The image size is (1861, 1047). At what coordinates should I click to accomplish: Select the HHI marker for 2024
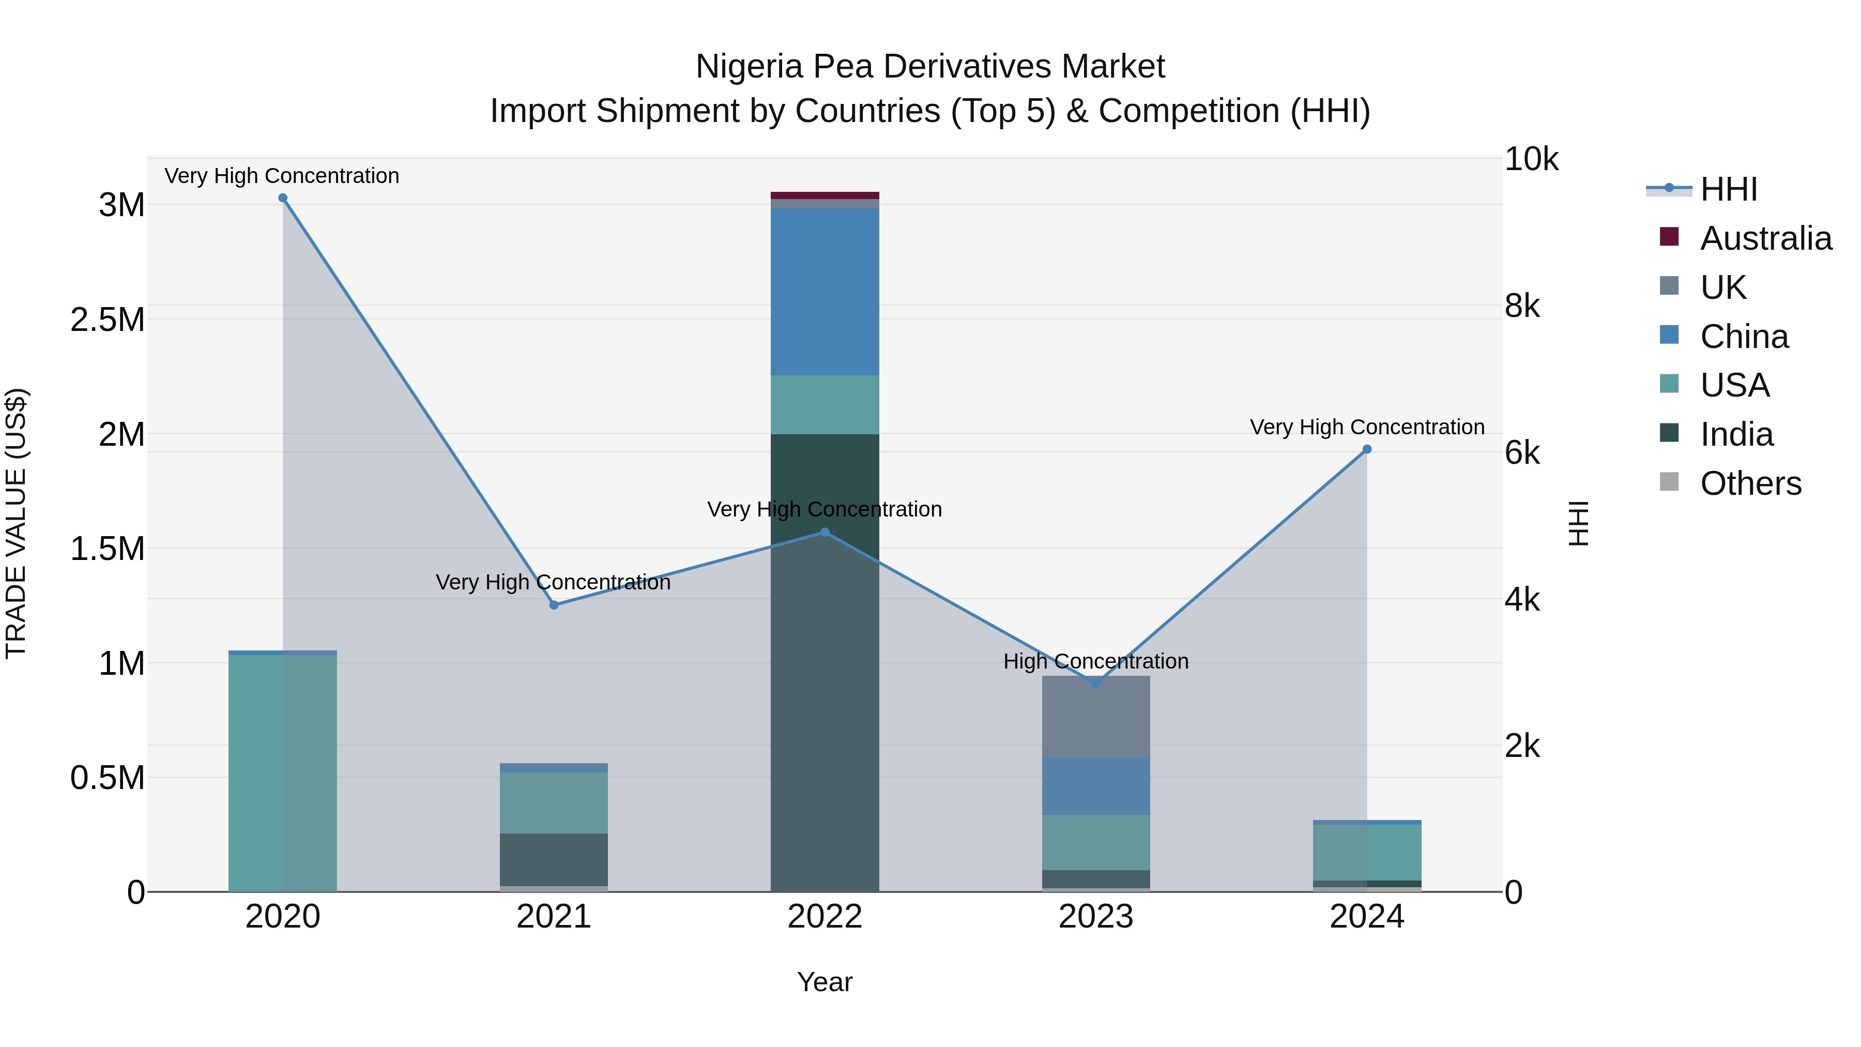pos(1367,449)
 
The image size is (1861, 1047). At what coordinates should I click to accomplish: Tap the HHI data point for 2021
pos(554,605)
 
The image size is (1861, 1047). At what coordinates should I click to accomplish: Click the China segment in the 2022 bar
pos(825,292)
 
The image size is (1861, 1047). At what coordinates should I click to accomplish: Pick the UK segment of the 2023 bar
pos(1096,716)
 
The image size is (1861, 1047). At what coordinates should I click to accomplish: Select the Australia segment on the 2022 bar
pos(825,195)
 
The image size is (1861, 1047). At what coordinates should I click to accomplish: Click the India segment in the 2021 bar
pos(554,859)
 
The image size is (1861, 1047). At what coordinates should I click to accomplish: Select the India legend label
pos(1736,434)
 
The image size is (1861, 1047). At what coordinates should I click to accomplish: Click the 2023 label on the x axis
pos(1096,917)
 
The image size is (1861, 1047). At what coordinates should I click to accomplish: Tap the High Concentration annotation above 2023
pos(1096,661)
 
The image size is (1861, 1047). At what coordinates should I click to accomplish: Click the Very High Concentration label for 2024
pos(1367,427)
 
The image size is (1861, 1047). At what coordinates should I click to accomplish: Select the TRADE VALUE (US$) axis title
pos(16,523)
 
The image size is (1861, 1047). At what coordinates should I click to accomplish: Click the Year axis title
pos(825,982)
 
